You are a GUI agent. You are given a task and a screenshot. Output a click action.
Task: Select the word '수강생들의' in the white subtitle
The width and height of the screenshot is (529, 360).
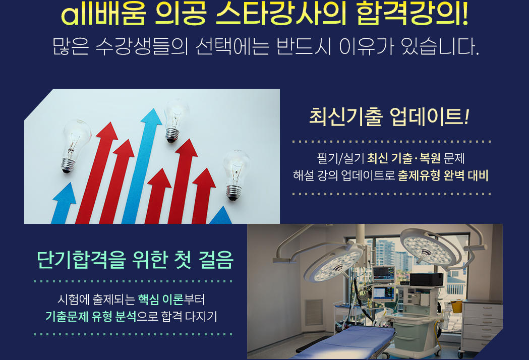pos(142,46)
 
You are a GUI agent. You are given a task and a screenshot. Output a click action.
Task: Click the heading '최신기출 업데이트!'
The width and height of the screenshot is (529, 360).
pos(389,117)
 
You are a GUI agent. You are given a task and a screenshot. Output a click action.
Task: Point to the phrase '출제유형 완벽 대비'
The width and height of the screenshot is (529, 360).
pos(443,175)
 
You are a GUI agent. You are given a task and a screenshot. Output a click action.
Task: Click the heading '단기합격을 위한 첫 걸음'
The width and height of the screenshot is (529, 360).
pos(135,260)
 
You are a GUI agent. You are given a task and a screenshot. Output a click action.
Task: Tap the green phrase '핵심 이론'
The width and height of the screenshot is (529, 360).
pos(160,299)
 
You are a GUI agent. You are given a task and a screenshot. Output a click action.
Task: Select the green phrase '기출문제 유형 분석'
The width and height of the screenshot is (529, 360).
pos(91,317)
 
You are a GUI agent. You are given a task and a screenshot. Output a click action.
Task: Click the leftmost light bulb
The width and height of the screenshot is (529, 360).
pos(75,146)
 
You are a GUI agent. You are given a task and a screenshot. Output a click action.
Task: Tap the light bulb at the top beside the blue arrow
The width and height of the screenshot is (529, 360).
pos(175,120)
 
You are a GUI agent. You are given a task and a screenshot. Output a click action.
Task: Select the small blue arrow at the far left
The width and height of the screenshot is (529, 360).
pos(64,203)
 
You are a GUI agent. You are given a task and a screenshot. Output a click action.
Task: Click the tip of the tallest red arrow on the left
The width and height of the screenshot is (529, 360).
pos(108,123)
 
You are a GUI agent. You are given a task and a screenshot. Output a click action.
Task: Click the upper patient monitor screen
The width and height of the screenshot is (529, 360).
pos(384,273)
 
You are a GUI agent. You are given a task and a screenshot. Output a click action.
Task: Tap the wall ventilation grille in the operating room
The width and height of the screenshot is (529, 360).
pos(314,312)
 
